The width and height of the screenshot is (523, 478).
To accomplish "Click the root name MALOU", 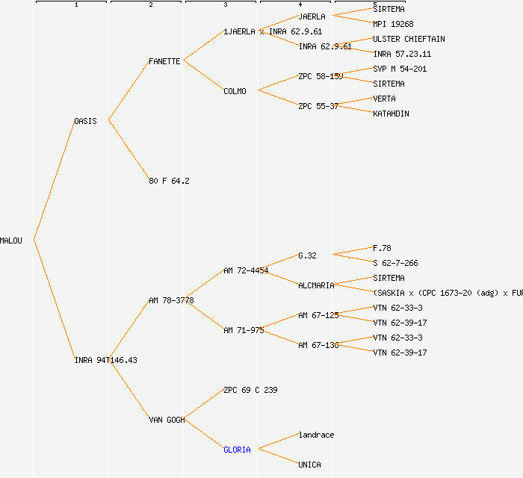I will pos(11,240).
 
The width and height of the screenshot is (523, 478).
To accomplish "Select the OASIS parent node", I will pos(85,121).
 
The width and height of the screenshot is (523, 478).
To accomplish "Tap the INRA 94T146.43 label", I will pos(105,360).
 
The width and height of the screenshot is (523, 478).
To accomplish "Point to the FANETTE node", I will pos(164,61).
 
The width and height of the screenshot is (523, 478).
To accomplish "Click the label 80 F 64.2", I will pos(169,181).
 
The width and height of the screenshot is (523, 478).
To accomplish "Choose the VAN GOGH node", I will pos(167,420).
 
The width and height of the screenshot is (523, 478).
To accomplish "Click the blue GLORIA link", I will pos(237,450).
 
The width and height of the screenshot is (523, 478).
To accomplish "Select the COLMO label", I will pos(235,91).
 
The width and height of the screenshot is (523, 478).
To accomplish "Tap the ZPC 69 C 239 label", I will pos(250,390).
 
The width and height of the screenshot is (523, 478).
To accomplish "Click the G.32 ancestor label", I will pos(307,255).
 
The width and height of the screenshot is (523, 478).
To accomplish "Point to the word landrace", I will pos(316,435).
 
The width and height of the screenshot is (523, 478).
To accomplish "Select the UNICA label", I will pos(309,465).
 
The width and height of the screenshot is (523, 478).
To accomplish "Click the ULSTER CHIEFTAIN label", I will pos(409,39).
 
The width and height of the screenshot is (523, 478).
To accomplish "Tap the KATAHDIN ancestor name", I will pos(391,114).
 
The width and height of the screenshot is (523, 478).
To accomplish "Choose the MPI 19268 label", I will pos(393,24).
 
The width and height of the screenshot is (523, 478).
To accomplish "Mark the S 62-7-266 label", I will pos(395,263).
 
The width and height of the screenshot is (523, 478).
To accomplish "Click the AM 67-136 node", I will pos(318,345).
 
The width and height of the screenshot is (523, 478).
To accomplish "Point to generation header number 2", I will pos(150,5).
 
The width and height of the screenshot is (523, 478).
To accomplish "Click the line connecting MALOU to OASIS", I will pos(54,181).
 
